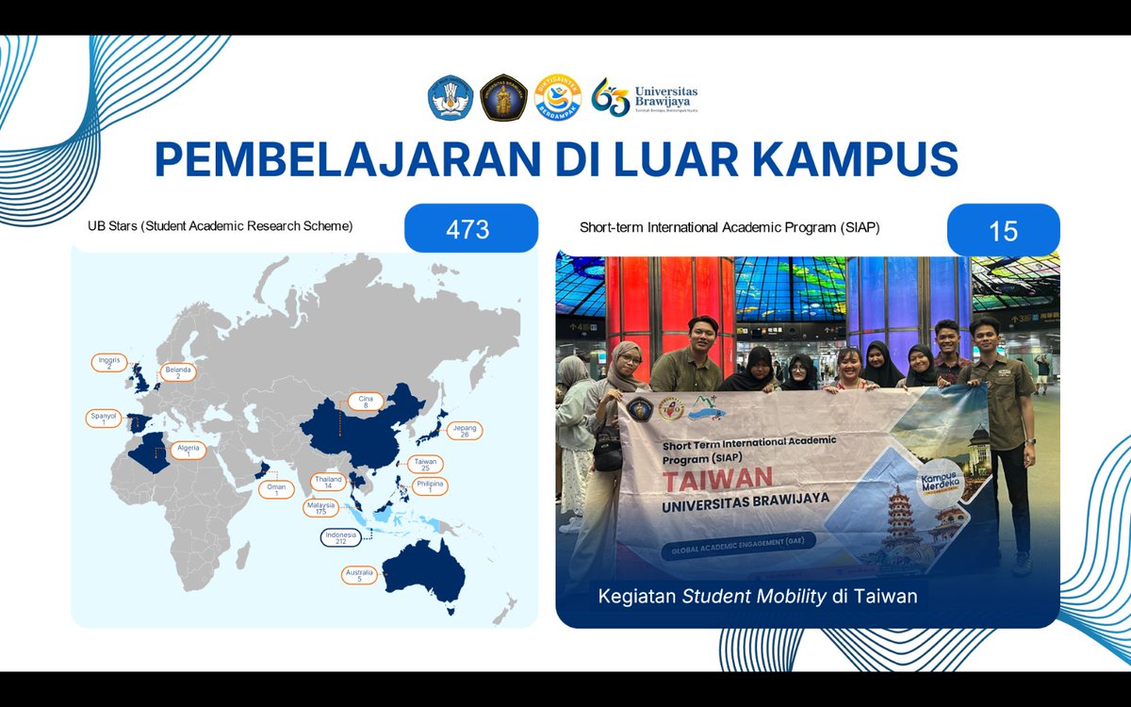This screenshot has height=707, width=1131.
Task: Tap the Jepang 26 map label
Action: click(x=465, y=431)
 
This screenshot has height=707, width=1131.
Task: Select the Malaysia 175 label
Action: click(x=320, y=509)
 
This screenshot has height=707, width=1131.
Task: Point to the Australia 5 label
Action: click(x=358, y=575)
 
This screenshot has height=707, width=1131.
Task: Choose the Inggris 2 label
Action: click(x=109, y=362)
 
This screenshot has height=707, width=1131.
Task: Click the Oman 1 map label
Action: click(x=277, y=489)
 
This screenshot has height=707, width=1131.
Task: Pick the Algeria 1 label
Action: click(x=188, y=451)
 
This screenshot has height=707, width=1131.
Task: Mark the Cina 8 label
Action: click(x=365, y=402)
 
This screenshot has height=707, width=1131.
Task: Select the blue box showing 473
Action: click(x=470, y=229)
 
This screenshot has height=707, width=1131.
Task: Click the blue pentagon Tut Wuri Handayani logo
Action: click(x=450, y=97)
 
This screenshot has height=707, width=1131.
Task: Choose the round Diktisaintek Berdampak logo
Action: click(x=556, y=97)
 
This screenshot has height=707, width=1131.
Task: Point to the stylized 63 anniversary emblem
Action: click(x=610, y=97)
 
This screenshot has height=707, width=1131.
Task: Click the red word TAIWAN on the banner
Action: click(x=717, y=478)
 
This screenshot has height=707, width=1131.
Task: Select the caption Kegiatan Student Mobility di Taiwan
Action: click(x=758, y=596)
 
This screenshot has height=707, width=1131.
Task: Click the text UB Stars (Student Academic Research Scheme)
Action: click(x=221, y=226)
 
